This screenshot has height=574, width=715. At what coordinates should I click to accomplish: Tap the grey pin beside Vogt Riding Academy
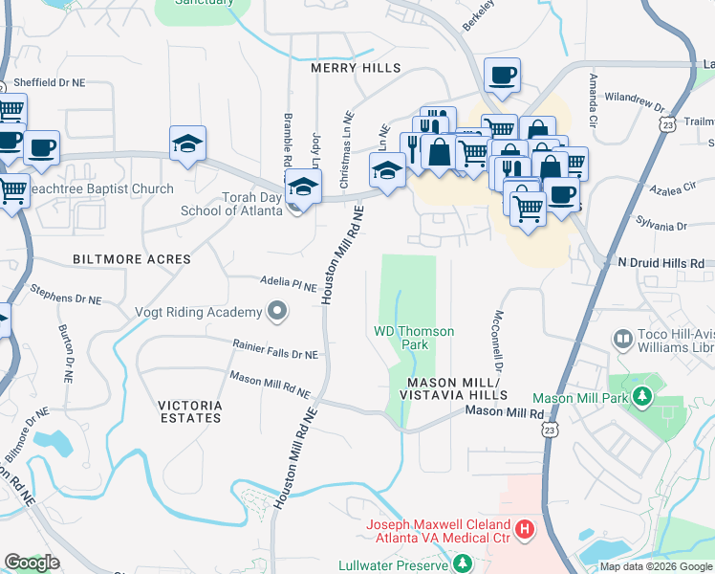(x=277, y=311)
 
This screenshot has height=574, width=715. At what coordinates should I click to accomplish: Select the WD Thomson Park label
(x=413, y=338)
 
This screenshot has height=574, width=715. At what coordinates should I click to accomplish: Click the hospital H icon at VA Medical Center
(x=525, y=528)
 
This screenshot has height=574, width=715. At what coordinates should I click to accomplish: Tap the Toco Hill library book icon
(x=623, y=340)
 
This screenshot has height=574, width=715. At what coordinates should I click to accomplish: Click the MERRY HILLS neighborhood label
(x=355, y=68)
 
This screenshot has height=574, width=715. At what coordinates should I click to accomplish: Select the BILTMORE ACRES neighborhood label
(x=132, y=259)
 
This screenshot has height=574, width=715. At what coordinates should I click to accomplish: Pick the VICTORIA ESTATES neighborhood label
(x=191, y=412)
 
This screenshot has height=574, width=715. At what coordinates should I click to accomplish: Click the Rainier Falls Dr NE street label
(x=275, y=349)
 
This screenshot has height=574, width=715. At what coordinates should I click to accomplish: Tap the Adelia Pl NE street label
(x=289, y=284)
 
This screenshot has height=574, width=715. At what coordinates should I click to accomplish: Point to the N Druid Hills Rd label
(x=661, y=262)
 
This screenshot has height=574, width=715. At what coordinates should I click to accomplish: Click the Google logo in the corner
(x=32, y=563)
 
